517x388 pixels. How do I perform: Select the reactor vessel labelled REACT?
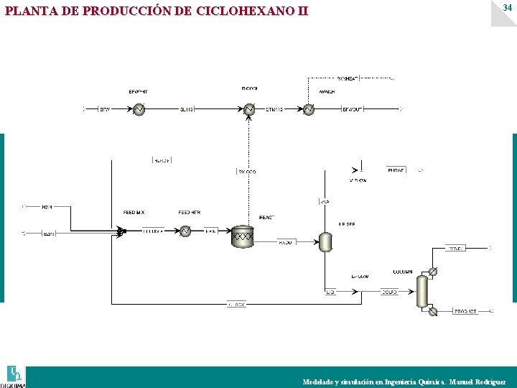243,236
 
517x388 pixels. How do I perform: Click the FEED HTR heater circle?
185,231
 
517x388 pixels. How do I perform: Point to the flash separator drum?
325,241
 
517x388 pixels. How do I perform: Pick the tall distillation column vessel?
422,291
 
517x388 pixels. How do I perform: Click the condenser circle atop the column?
433,271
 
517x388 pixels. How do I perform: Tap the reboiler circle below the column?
433,311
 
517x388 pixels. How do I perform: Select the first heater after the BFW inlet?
139,109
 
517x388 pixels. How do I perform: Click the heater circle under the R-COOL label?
249,109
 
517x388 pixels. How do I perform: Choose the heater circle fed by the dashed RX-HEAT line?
308,109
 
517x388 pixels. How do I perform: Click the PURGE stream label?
396,170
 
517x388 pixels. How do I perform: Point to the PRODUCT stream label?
465,312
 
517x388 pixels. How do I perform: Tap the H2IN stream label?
47,207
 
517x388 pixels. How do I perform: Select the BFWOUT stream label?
352,109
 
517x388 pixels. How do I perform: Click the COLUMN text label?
402,272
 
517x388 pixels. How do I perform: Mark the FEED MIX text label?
134,213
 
